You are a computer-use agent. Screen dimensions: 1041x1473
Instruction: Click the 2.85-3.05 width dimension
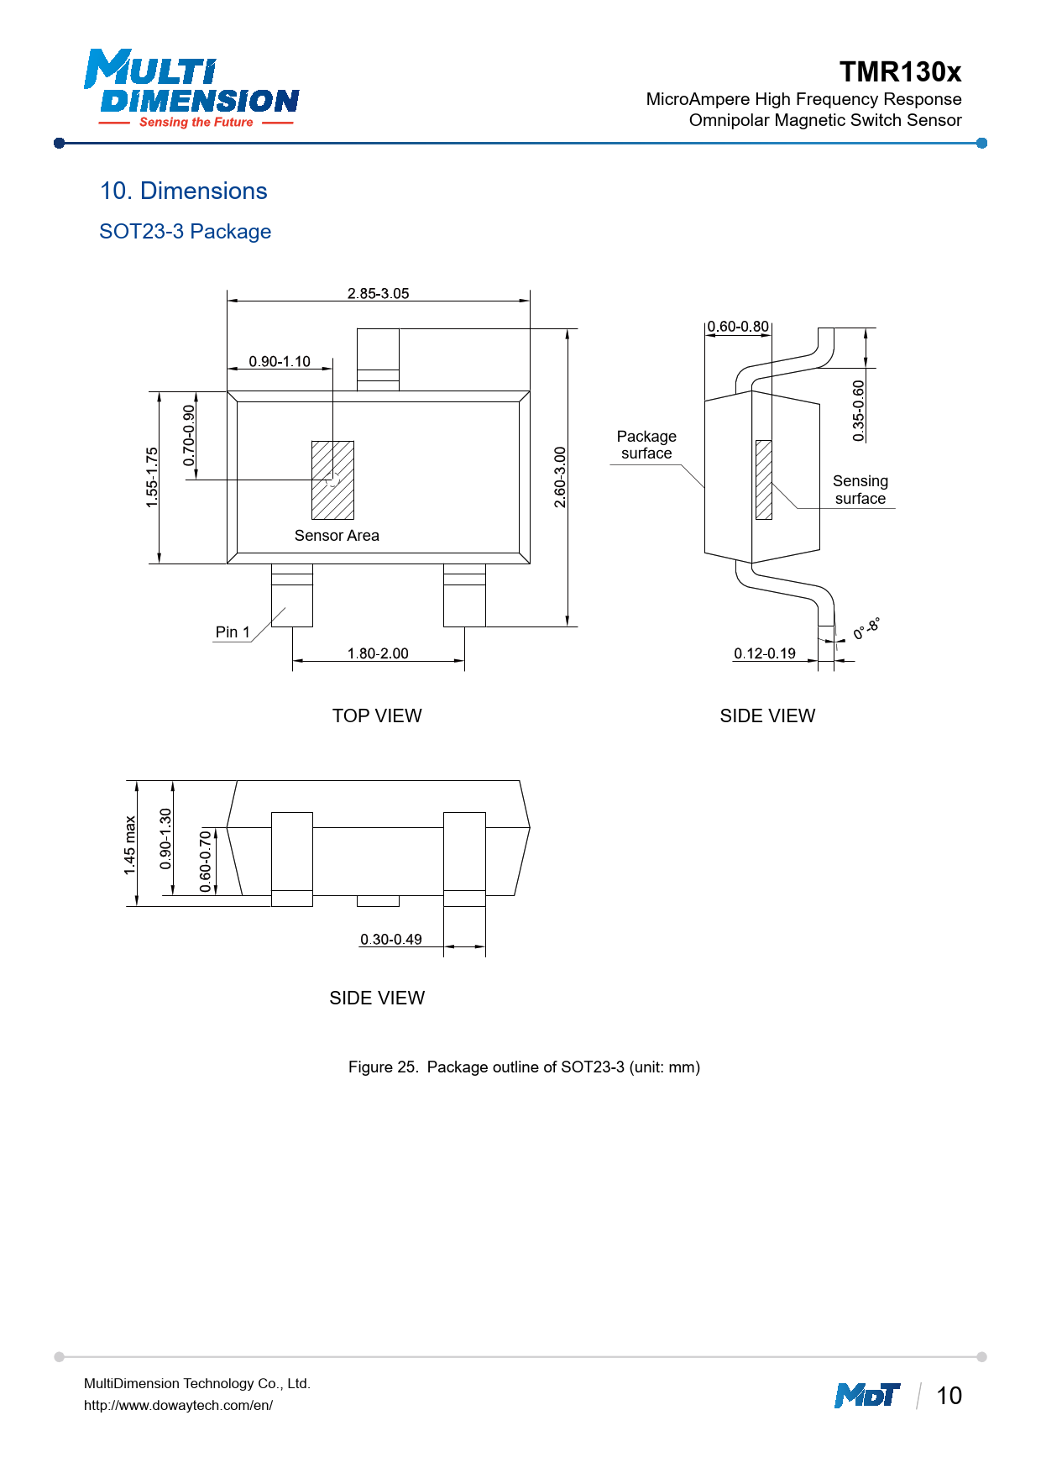point(379,293)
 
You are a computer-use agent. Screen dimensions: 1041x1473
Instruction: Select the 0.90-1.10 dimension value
point(280,361)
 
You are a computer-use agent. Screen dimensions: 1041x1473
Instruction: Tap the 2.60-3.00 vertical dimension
point(560,477)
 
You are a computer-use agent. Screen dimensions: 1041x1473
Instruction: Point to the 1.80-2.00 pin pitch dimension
point(378,653)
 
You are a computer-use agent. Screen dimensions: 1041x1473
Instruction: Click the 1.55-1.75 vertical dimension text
point(152,477)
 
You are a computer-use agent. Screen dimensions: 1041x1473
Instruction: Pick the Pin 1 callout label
point(233,632)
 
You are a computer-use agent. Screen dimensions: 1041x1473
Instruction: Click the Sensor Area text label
point(337,535)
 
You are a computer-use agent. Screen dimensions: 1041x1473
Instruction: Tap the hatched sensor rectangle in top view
point(332,480)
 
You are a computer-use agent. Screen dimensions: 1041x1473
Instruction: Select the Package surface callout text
point(646,444)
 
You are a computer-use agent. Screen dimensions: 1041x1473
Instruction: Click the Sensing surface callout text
point(861,490)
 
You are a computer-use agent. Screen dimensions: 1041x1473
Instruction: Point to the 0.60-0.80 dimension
point(738,326)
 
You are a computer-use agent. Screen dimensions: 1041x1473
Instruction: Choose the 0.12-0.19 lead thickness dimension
point(765,653)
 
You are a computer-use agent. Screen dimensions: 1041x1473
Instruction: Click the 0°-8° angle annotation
point(866,629)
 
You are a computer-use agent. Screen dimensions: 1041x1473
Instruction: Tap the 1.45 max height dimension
point(130,845)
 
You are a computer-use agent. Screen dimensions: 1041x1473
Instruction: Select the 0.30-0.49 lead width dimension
point(391,939)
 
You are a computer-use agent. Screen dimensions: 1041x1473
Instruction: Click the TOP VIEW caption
point(377,716)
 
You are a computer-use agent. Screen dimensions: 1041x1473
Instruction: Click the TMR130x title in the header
point(901,72)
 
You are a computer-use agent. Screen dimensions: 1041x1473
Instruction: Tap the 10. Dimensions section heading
point(184,191)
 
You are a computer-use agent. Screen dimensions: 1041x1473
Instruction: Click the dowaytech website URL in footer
point(178,1405)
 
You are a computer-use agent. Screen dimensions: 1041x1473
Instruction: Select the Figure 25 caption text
point(524,1067)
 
